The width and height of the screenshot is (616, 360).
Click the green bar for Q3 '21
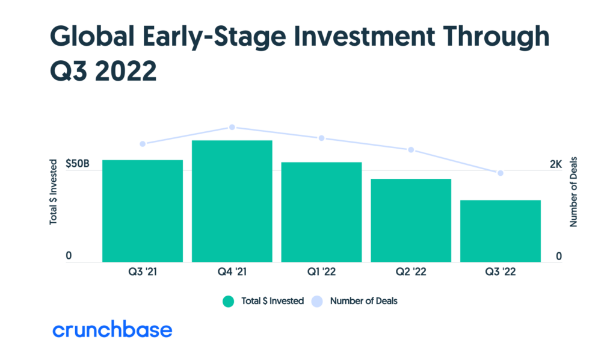coord(143,211)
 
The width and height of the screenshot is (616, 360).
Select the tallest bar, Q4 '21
coord(232,201)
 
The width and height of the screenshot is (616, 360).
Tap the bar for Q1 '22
coord(321,212)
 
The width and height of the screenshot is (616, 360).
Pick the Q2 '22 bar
coord(411,220)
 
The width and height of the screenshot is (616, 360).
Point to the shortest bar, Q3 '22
coord(500,231)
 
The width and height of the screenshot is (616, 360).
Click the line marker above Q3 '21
coord(143,144)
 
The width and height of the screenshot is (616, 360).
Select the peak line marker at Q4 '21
coord(232,128)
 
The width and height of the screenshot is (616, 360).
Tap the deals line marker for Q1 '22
coord(321,138)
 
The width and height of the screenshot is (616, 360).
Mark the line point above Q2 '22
coord(411,150)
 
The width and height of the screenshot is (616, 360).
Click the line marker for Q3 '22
coord(500,173)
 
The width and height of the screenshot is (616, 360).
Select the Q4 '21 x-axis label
coord(232,272)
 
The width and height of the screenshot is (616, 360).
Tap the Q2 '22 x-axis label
coord(411,272)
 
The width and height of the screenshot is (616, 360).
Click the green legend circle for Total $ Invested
coord(228,301)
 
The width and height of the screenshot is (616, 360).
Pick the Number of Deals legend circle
coord(317,301)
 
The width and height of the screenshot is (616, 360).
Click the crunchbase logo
coord(112,330)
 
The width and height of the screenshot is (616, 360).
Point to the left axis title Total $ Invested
coord(53,191)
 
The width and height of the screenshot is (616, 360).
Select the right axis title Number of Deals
coord(573,191)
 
